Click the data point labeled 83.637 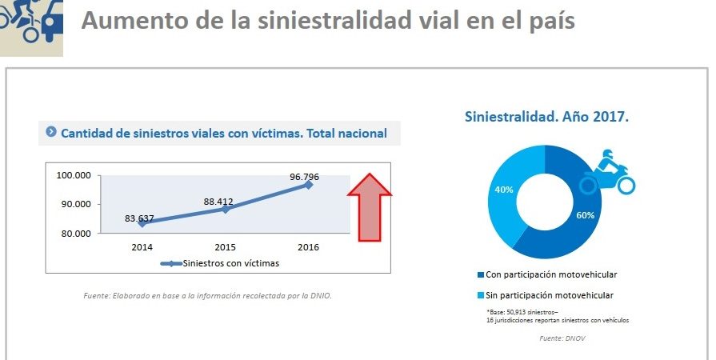click(x=142, y=223)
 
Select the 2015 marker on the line click(x=226, y=209)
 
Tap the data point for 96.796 click(x=309, y=185)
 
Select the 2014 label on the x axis click(x=142, y=247)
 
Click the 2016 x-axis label click(x=308, y=247)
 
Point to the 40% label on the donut click(x=502, y=190)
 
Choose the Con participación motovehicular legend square click(x=480, y=274)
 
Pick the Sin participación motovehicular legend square click(x=480, y=295)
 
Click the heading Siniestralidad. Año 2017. click(x=546, y=117)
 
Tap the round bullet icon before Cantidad click(x=51, y=132)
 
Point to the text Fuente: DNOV click(x=558, y=338)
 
